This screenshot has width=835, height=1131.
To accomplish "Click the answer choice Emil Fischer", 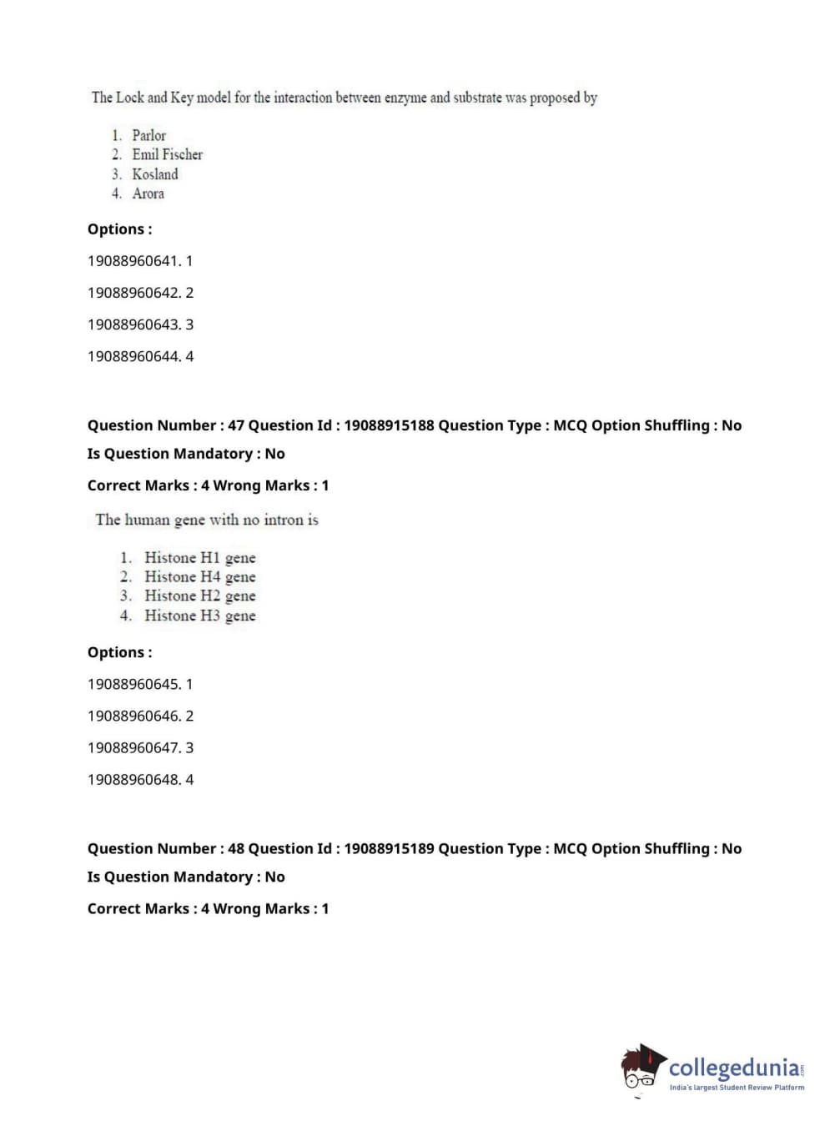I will (x=167, y=154).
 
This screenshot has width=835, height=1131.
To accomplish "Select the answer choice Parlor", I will (x=148, y=135).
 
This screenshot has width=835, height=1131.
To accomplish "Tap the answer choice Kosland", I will (x=154, y=174).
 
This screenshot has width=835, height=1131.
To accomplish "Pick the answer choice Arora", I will (x=148, y=194).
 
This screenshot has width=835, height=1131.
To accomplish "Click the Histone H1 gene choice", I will (x=199, y=557).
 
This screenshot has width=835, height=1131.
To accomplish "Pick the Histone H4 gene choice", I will (x=199, y=576).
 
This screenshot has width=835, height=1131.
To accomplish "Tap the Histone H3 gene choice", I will (x=199, y=616).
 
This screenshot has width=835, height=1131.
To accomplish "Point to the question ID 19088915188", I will (x=389, y=425).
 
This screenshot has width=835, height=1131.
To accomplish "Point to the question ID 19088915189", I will (x=389, y=848).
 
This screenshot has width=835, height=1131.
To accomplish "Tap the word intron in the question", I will (x=284, y=520).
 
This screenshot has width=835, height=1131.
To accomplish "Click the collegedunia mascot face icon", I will (x=641, y=1068).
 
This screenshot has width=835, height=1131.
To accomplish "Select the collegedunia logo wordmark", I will (x=734, y=1068).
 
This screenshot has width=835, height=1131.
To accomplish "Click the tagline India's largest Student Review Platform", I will (x=737, y=1087).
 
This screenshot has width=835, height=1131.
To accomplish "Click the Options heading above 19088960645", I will (x=120, y=652).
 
